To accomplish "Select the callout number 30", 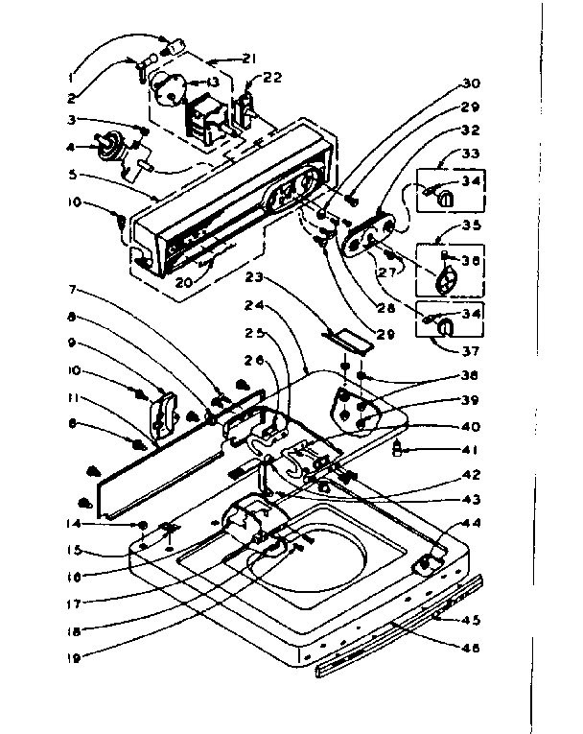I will (x=471, y=83).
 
